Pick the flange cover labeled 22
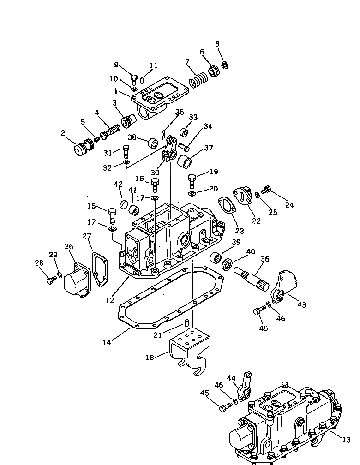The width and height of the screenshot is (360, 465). (242, 196)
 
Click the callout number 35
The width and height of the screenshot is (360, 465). (179, 112)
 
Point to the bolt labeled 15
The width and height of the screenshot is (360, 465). (113, 215)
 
